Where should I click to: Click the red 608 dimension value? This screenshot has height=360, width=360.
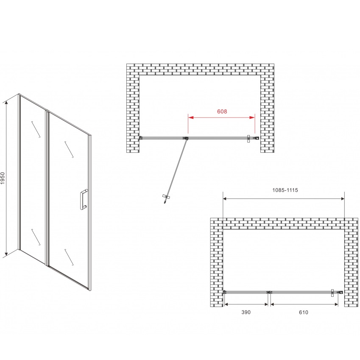coord(222,112)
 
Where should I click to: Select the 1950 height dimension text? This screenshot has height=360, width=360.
coord(3,179)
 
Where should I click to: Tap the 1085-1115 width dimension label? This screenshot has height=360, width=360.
coord(285,190)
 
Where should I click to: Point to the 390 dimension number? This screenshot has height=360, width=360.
coord(246,312)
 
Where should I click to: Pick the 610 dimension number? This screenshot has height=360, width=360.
coord(304,312)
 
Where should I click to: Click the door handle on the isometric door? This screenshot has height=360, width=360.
coord(84,199)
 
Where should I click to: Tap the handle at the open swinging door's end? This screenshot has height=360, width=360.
coord(166,198)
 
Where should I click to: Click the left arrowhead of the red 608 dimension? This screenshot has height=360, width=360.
coord(191,117)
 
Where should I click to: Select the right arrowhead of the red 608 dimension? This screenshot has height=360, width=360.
coord(252,117)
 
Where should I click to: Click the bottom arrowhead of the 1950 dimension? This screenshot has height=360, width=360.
coord(7,253)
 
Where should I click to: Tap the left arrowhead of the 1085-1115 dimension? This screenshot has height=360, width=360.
coord(226,198)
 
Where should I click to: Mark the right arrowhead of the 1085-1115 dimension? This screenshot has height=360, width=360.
coord(342,198)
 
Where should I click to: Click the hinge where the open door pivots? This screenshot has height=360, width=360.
coord(185,138)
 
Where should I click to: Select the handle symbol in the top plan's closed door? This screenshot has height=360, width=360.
coord(248,139)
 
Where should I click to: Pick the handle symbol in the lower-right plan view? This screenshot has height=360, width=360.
coord(332,293)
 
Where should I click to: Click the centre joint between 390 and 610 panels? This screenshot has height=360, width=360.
coord(269,292)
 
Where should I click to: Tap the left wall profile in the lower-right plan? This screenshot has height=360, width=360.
coord(225,292)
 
